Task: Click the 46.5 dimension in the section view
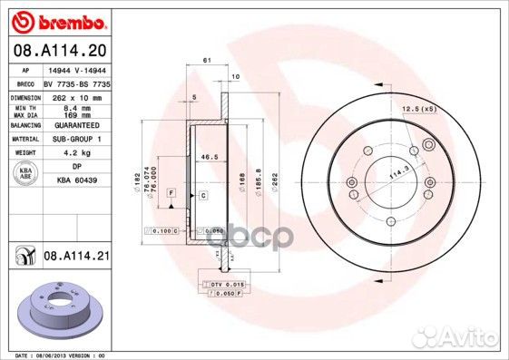(x=210, y=157)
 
